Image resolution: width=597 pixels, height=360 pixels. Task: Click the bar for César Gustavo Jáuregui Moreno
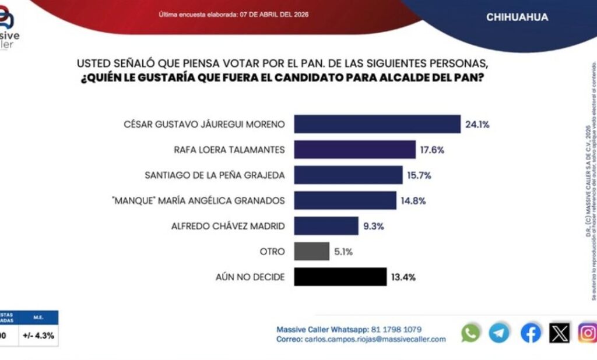coord(377,124)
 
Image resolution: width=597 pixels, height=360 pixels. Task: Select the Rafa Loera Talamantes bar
coord(354,150)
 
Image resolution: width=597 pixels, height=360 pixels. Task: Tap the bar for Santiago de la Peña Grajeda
coord(348,175)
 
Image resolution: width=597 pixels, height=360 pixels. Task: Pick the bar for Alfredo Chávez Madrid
coord(326,225)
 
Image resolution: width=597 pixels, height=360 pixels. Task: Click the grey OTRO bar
coord(312,251)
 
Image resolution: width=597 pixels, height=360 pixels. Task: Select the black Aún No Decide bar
coord(340,277)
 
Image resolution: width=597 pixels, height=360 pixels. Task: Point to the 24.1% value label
coord(477,124)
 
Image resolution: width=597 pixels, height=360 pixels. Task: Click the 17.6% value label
coord(432,150)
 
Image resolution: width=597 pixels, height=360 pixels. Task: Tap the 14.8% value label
coord(413,200)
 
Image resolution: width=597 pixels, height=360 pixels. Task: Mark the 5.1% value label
coord(343,251)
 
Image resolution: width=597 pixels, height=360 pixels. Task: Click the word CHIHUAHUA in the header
coord(517,17)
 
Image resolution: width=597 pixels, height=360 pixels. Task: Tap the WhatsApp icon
coord(470,333)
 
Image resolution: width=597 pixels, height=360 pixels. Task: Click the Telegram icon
coord(500,333)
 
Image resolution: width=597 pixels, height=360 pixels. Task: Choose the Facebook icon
coord(530,333)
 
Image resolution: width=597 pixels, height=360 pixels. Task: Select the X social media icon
coord(560,333)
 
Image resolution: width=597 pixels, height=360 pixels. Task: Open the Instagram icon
coord(588,333)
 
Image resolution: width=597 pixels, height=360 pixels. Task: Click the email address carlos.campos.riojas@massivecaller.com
coord(375,339)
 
